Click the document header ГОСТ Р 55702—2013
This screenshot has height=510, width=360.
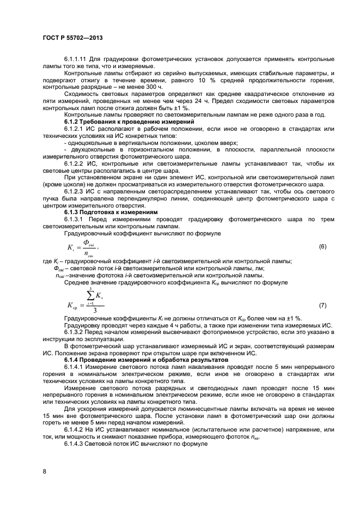[x=72, y=39]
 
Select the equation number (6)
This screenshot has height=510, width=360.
[x=322, y=247]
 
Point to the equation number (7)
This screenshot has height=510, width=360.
[x=322, y=306]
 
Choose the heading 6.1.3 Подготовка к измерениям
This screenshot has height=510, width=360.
[x=110, y=211]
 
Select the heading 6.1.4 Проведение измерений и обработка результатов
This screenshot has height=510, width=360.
[x=147, y=360]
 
